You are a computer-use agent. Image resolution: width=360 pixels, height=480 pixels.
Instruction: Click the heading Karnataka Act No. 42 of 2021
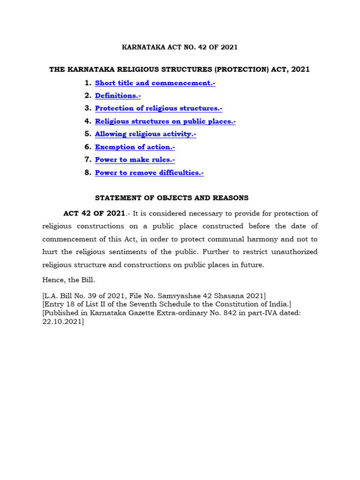(x=180, y=47)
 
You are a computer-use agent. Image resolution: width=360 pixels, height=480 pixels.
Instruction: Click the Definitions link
(x=118, y=96)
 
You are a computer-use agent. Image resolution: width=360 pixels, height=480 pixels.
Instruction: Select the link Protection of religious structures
(x=158, y=108)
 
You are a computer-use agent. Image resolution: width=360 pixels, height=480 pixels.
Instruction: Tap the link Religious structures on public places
(x=165, y=121)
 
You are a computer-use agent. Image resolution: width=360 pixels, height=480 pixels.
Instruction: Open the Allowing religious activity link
(x=145, y=134)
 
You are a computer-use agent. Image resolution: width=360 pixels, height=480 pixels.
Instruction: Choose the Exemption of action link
(x=135, y=147)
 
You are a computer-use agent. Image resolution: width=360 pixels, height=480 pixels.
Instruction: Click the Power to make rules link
(x=135, y=160)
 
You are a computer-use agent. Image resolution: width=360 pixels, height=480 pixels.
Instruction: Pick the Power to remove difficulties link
(x=149, y=172)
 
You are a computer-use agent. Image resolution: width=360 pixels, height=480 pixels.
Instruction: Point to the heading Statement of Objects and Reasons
(x=180, y=198)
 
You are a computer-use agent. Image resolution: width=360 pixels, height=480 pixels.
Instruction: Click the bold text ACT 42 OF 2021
(x=94, y=214)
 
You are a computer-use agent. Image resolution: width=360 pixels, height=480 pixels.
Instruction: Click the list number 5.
(x=87, y=134)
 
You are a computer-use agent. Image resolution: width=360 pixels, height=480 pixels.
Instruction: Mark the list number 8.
(x=87, y=172)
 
